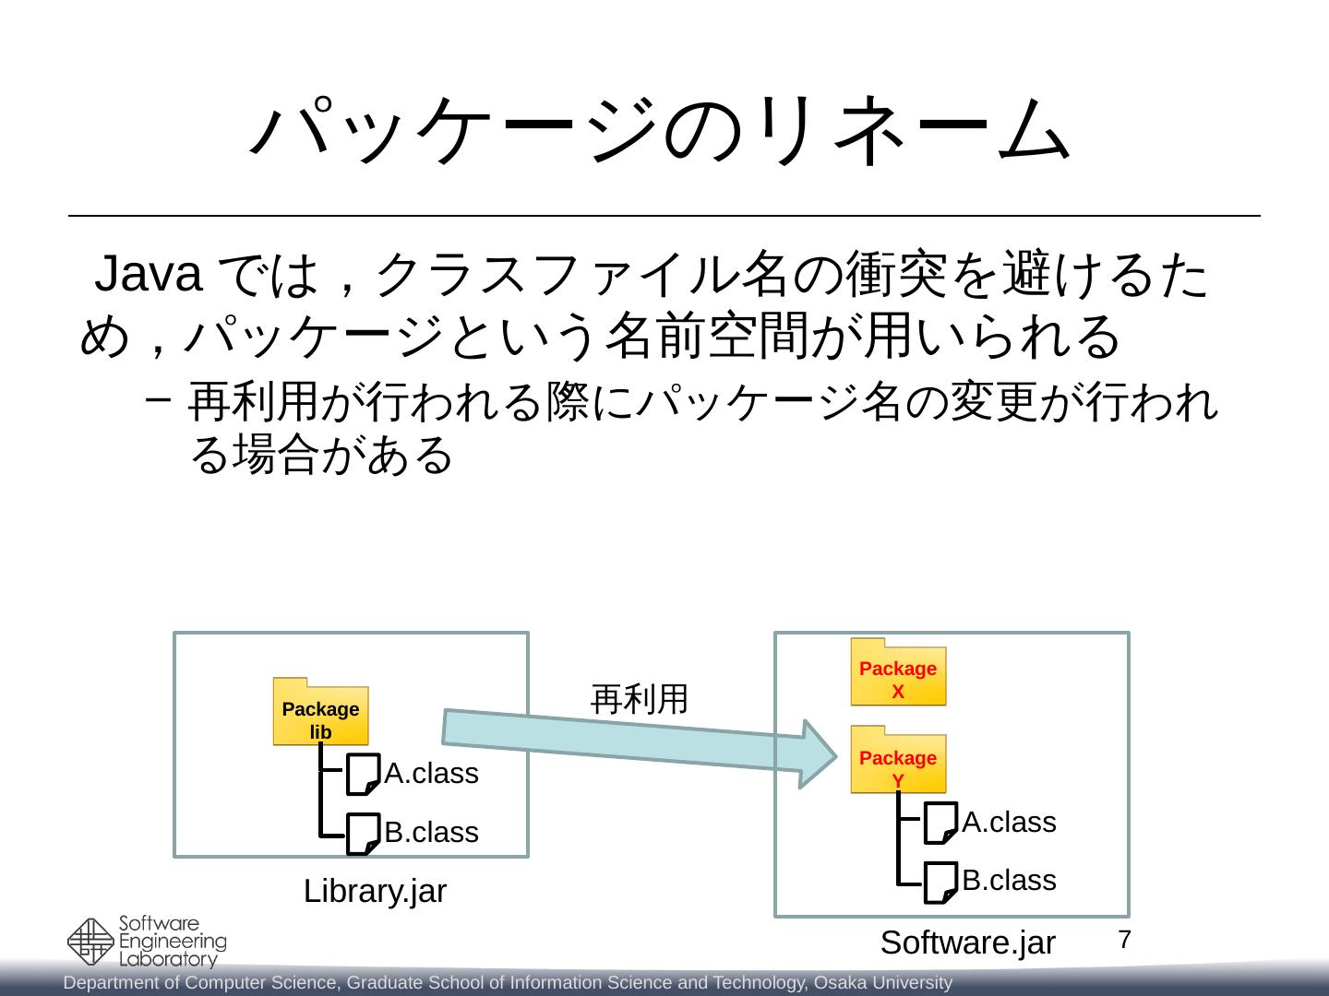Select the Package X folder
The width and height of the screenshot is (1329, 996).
click(x=898, y=673)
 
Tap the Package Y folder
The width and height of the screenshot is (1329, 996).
click(x=898, y=761)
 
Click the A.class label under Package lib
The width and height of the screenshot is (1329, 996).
click(x=431, y=774)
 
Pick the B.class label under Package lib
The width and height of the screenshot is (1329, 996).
click(x=431, y=833)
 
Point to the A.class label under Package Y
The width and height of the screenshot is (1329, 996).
click(x=1009, y=823)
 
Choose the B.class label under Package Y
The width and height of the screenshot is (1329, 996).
click(x=1009, y=881)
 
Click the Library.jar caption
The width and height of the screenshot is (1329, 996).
click(x=375, y=892)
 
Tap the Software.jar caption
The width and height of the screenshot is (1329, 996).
click(x=967, y=943)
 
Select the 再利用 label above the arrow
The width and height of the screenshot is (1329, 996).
click(x=639, y=700)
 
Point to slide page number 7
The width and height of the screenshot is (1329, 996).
click(x=1124, y=941)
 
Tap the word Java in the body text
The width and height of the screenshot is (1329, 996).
click(x=150, y=275)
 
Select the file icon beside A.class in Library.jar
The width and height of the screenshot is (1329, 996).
click(x=362, y=775)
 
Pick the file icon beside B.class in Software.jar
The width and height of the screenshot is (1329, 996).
click(x=940, y=883)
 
